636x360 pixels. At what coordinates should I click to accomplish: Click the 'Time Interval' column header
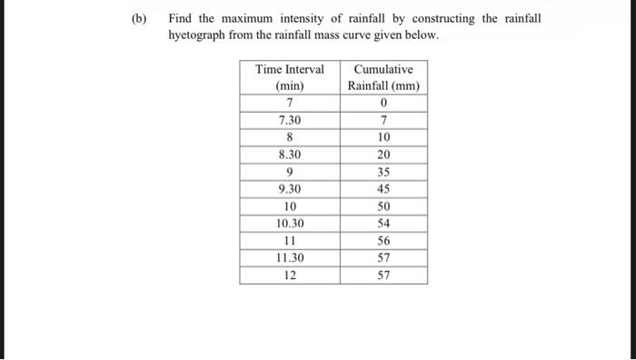pyautogui.click(x=289, y=70)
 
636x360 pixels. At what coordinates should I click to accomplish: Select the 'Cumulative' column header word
pyautogui.click(x=383, y=70)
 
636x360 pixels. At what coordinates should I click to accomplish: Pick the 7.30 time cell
pyautogui.click(x=289, y=120)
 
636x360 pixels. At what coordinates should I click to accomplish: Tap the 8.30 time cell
pyautogui.click(x=289, y=155)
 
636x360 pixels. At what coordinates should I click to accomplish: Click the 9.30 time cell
pyautogui.click(x=289, y=189)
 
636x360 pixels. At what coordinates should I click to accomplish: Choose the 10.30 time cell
pyautogui.click(x=289, y=224)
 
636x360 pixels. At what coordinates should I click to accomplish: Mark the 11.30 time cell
pyautogui.click(x=289, y=258)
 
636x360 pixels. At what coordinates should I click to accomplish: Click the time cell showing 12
pyautogui.click(x=289, y=275)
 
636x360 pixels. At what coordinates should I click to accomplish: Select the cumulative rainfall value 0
pyautogui.click(x=383, y=103)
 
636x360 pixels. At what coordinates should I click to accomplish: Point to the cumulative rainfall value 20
pyautogui.click(x=383, y=155)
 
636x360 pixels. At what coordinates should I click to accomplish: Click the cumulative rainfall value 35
pyautogui.click(x=383, y=172)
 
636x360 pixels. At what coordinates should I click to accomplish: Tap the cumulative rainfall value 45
pyautogui.click(x=383, y=189)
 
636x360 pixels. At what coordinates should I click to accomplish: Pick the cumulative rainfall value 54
pyautogui.click(x=383, y=224)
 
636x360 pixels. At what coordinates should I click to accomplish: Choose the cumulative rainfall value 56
pyautogui.click(x=383, y=241)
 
